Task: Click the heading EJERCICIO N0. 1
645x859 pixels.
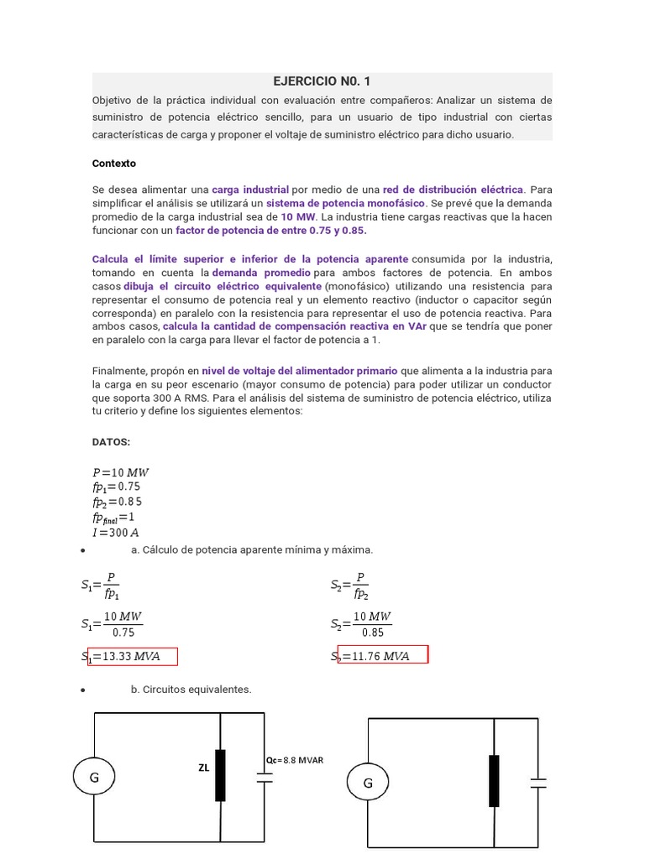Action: tap(322, 81)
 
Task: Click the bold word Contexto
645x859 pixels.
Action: tap(113, 164)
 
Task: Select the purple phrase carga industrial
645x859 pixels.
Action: tap(249, 190)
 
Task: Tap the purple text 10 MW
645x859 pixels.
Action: tap(298, 216)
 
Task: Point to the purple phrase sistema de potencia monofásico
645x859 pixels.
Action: tap(345, 203)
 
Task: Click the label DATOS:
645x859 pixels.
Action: tap(111, 441)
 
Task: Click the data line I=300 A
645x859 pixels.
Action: tap(115, 533)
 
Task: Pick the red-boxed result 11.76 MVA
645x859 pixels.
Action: tap(383, 655)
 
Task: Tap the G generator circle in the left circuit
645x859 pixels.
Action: tap(94, 778)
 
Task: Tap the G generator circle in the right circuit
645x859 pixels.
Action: tap(368, 784)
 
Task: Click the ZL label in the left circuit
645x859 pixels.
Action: tap(204, 767)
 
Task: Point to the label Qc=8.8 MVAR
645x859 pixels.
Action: tap(294, 760)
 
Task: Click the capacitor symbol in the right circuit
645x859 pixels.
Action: tap(538, 783)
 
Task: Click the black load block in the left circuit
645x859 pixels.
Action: tap(221, 773)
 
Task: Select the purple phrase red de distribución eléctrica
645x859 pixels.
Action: tap(453, 190)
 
